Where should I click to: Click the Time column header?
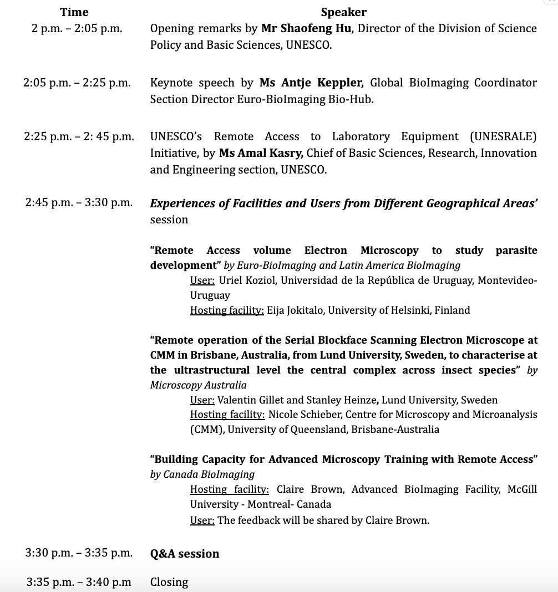tap(74, 12)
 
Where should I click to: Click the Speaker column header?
tap(343, 12)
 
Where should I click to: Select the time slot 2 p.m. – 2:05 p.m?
tap(77, 28)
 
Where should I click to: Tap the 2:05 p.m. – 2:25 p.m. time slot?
tap(77, 83)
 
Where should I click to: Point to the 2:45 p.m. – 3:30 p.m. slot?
tap(79, 203)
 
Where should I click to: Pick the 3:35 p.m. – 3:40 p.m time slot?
tap(79, 582)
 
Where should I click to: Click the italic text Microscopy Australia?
tap(198, 385)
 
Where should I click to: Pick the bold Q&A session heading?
tap(185, 553)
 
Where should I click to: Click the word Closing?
tap(169, 582)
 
